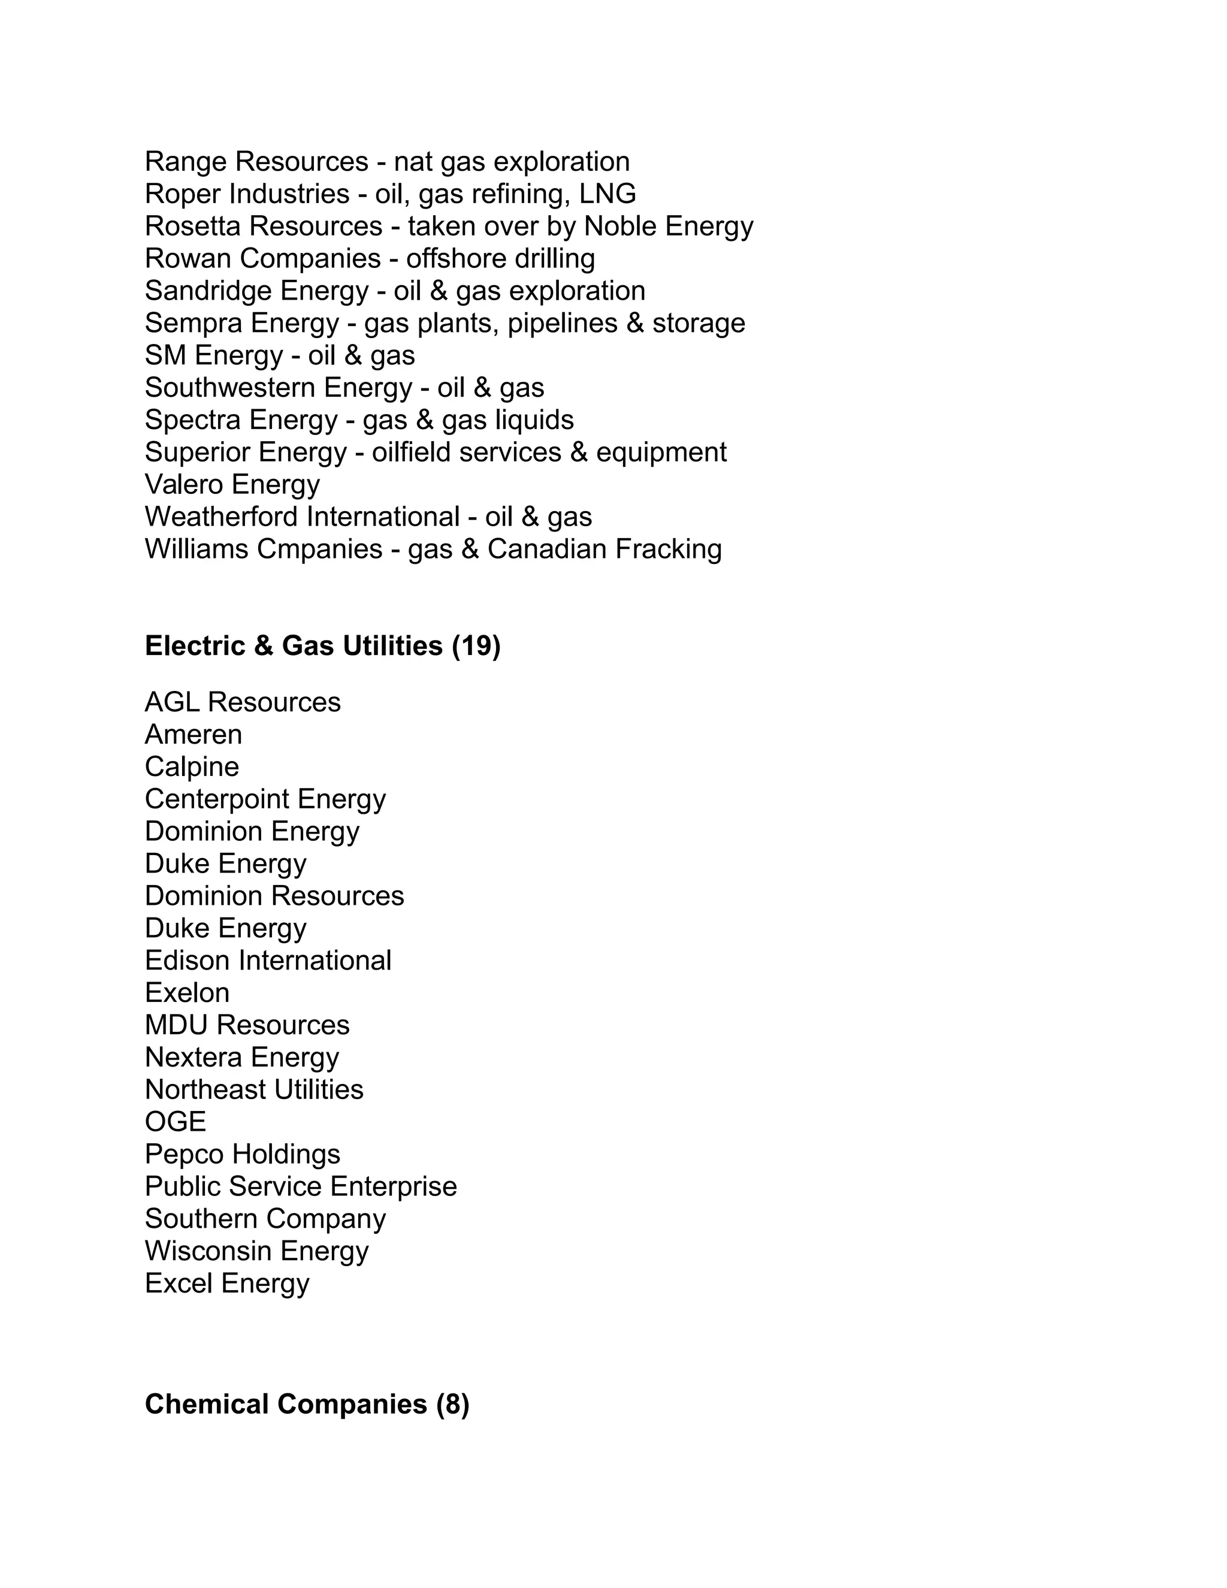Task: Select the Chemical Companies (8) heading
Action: tap(307, 1404)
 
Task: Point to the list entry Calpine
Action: tap(192, 766)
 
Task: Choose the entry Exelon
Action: tap(187, 992)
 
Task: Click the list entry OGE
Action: tap(175, 1122)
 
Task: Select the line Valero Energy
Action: tap(232, 484)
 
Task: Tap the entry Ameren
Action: tap(194, 735)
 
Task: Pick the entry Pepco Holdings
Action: tap(242, 1154)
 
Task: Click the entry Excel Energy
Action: tap(227, 1284)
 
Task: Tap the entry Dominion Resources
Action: tap(274, 896)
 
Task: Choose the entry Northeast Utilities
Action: tap(253, 1089)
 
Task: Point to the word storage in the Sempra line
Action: tap(699, 323)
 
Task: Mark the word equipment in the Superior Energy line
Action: tap(661, 452)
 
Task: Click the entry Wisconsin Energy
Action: tap(256, 1251)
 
